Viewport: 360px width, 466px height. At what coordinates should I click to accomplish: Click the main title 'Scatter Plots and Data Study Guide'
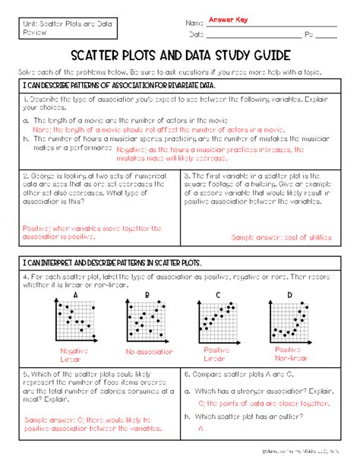coord(180,55)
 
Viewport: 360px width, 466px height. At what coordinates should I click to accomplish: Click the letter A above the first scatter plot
coord(76,294)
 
